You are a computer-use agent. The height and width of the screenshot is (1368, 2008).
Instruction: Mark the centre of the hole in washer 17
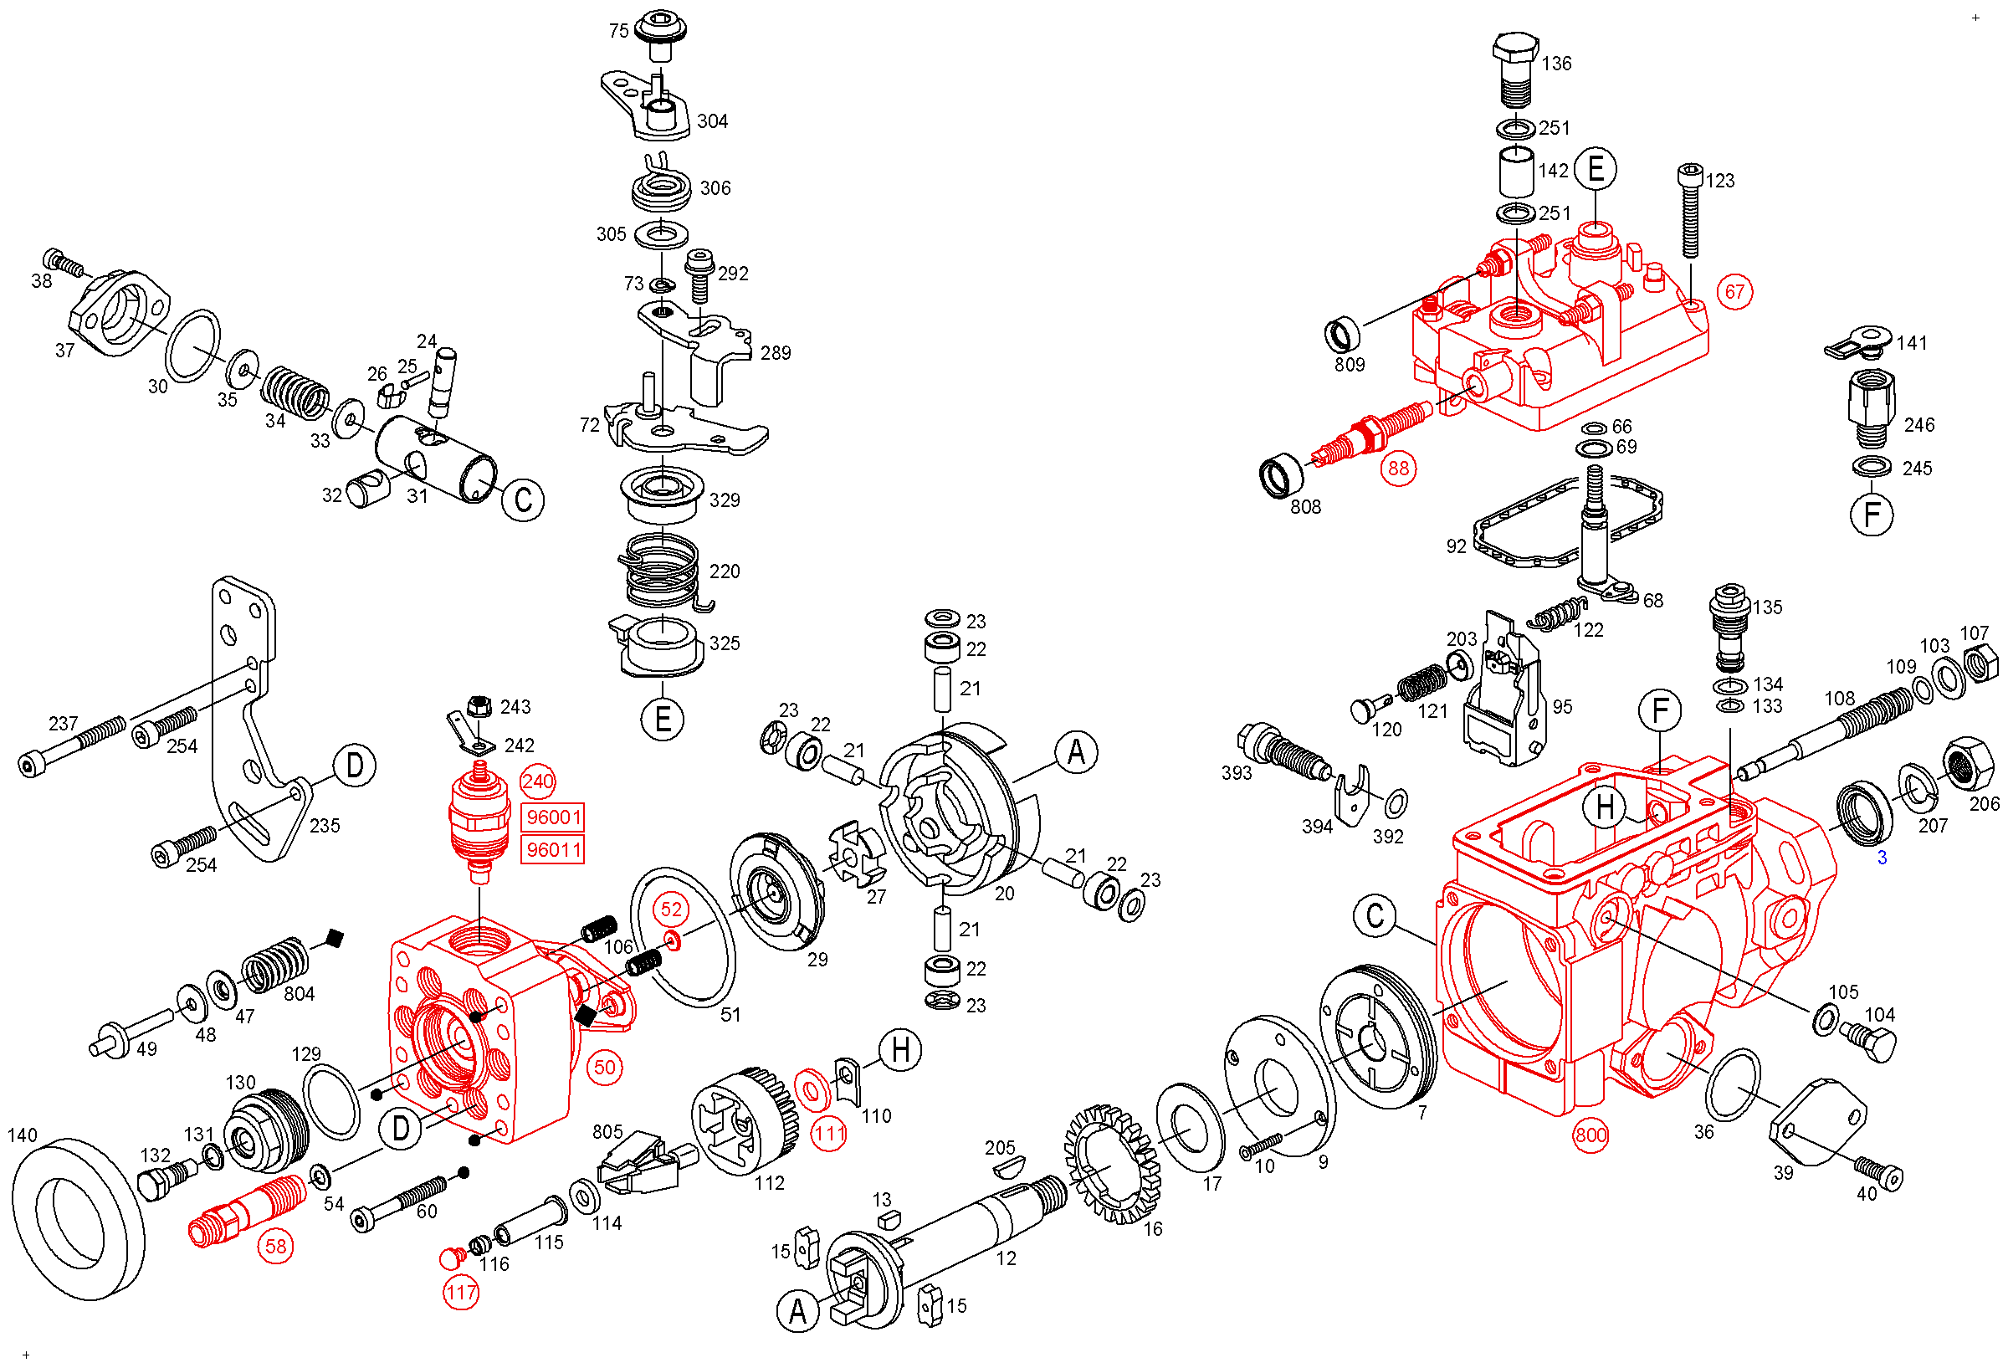tap(1191, 1129)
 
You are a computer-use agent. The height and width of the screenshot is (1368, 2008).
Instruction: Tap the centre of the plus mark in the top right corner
tap(1975, 18)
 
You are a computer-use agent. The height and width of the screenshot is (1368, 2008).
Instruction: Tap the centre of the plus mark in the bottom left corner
tap(26, 1354)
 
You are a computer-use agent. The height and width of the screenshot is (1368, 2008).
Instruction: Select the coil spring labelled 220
tap(661, 571)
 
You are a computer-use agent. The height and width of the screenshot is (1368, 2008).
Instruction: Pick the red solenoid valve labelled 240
tap(479, 821)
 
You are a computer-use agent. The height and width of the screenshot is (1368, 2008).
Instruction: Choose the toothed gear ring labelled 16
tap(1114, 1164)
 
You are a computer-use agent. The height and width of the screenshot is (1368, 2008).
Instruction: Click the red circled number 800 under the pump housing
tap(1590, 1135)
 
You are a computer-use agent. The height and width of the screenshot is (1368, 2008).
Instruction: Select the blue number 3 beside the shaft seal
tap(1882, 858)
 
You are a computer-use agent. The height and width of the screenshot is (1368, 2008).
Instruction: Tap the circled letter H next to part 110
tap(900, 1050)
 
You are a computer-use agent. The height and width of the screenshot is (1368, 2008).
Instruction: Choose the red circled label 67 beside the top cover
tap(1735, 291)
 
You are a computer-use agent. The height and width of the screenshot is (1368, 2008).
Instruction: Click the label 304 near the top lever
tap(713, 121)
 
